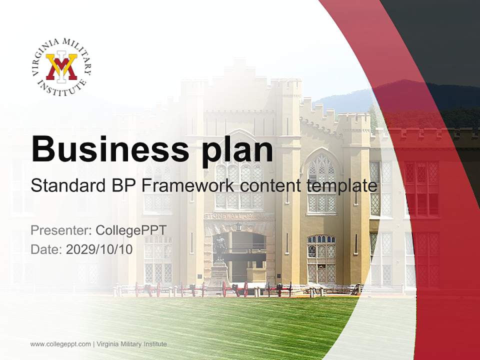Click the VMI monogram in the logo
(x=61, y=67)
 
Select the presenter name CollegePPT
(x=130, y=230)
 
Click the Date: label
(x=46, y=249)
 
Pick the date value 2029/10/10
(x=99, y=249)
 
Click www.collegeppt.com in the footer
(x=60, y=344)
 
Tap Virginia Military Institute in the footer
(x=131, y=344)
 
